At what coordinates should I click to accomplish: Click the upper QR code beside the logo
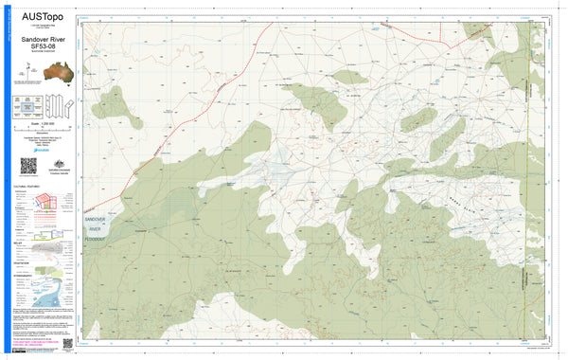coord(27,166)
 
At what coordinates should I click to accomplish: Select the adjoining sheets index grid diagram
coord(27,106)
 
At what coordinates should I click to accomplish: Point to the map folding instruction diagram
coord(55,106)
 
